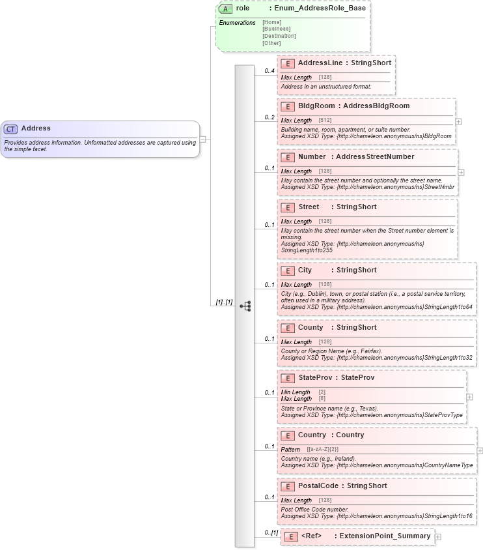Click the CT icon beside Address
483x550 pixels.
click(x=11, y=129)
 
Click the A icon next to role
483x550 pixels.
click(x=226, y=9)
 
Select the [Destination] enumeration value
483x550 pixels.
click(x=279, y=36)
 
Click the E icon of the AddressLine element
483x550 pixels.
click(x=288, y=64)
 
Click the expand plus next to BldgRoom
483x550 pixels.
click(x=459, y=121)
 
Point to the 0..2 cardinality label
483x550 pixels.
click(x=269, y=117)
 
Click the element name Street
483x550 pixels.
click(x=309, y=207)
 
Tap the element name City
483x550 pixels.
click(x=305, y=270)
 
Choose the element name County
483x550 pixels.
click(x=310, y=327)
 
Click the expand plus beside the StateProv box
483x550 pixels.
click(x=469, y=397)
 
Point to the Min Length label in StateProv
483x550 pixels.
click(x=296, y=392)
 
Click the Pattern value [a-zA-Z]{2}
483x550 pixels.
click(x=323, y=449)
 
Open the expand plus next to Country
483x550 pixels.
click(x=480, y=450)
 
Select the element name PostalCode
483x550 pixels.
click(x=318, y=485)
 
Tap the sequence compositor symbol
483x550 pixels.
click(x=245, y=306)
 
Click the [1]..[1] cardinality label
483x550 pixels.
click(x=224, y=302)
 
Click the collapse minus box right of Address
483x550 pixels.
click(x=203, y=139)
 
